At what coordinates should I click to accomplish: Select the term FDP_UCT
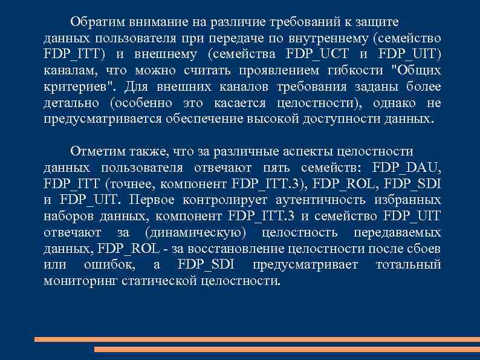[310, 54]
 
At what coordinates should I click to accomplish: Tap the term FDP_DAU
[407, 167]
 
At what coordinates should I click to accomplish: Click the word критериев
[71, 87]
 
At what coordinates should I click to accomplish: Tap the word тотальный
[408, 265]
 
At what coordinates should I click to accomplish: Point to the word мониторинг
[80, 281]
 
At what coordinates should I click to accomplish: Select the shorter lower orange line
[287, 349]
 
